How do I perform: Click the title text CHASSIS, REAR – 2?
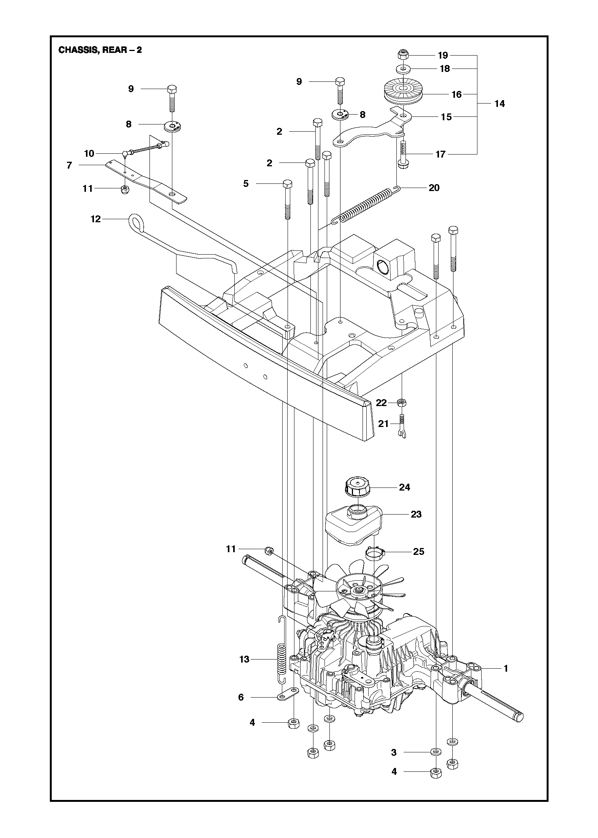pyautogui.click(x=100, y=50)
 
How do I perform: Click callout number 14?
pyautogui.click(x=499, y=104)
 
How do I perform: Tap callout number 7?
pyautogui.click(x=69, y=166)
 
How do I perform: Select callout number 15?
pyautogui.click(x=446, y=117)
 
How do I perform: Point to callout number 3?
pyautogui.click(x=394, y=752)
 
